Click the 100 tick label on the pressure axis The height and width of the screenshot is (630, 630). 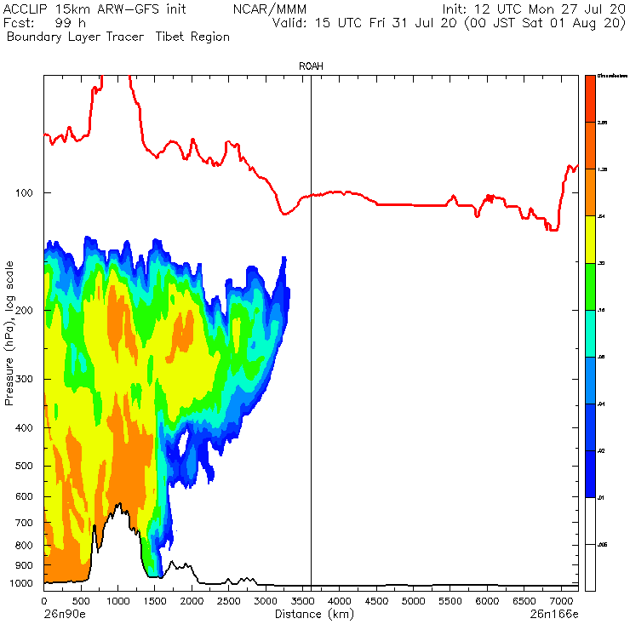23,193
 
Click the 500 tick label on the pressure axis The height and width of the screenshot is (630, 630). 23,466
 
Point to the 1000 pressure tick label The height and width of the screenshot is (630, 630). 20,584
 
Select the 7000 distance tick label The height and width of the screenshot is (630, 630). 560,601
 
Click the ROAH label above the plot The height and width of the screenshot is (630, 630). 311,66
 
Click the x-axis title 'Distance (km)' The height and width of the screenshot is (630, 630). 310,613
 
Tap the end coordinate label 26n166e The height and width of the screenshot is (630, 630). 554,613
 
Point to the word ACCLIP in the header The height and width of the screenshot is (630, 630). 26,9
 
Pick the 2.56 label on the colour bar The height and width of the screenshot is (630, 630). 602,123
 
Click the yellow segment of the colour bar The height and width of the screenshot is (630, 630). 589,240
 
